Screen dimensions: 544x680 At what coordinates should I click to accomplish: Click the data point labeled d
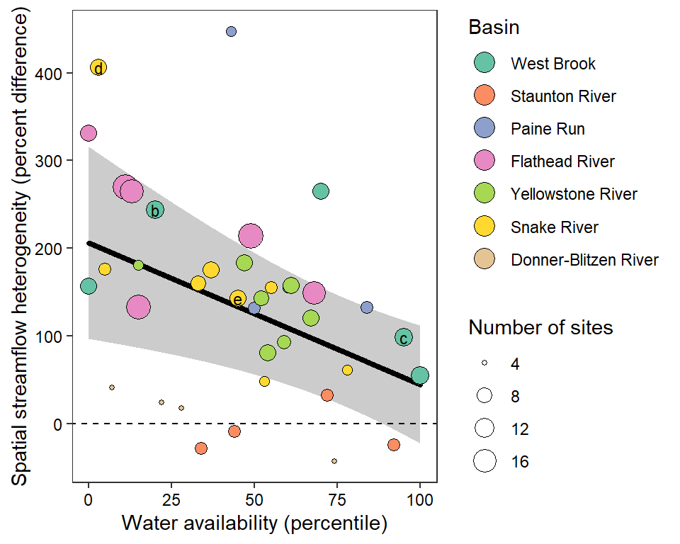tap(98, 67)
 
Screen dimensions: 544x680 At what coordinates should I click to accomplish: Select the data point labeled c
tap(404, 338)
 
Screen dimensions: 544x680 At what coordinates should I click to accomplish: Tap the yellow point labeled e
tap(238, 299)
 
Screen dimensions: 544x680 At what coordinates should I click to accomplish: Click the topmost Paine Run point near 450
tap(231, 32)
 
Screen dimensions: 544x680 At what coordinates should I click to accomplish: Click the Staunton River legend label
tap(563, 96)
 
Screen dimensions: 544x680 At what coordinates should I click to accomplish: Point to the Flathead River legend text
tap(562, 161)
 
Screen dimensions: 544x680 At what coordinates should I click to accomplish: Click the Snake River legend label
tap(554, 227)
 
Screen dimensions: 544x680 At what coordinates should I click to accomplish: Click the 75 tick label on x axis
tap(336, 499)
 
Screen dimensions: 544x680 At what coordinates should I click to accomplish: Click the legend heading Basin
tap(494, 28)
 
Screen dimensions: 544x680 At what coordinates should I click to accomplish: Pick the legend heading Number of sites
tap(540, 328)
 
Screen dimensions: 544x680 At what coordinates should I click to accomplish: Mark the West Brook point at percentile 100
tap(419, 375)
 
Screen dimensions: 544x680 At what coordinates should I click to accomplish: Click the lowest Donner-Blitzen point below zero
tap(334, 461)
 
